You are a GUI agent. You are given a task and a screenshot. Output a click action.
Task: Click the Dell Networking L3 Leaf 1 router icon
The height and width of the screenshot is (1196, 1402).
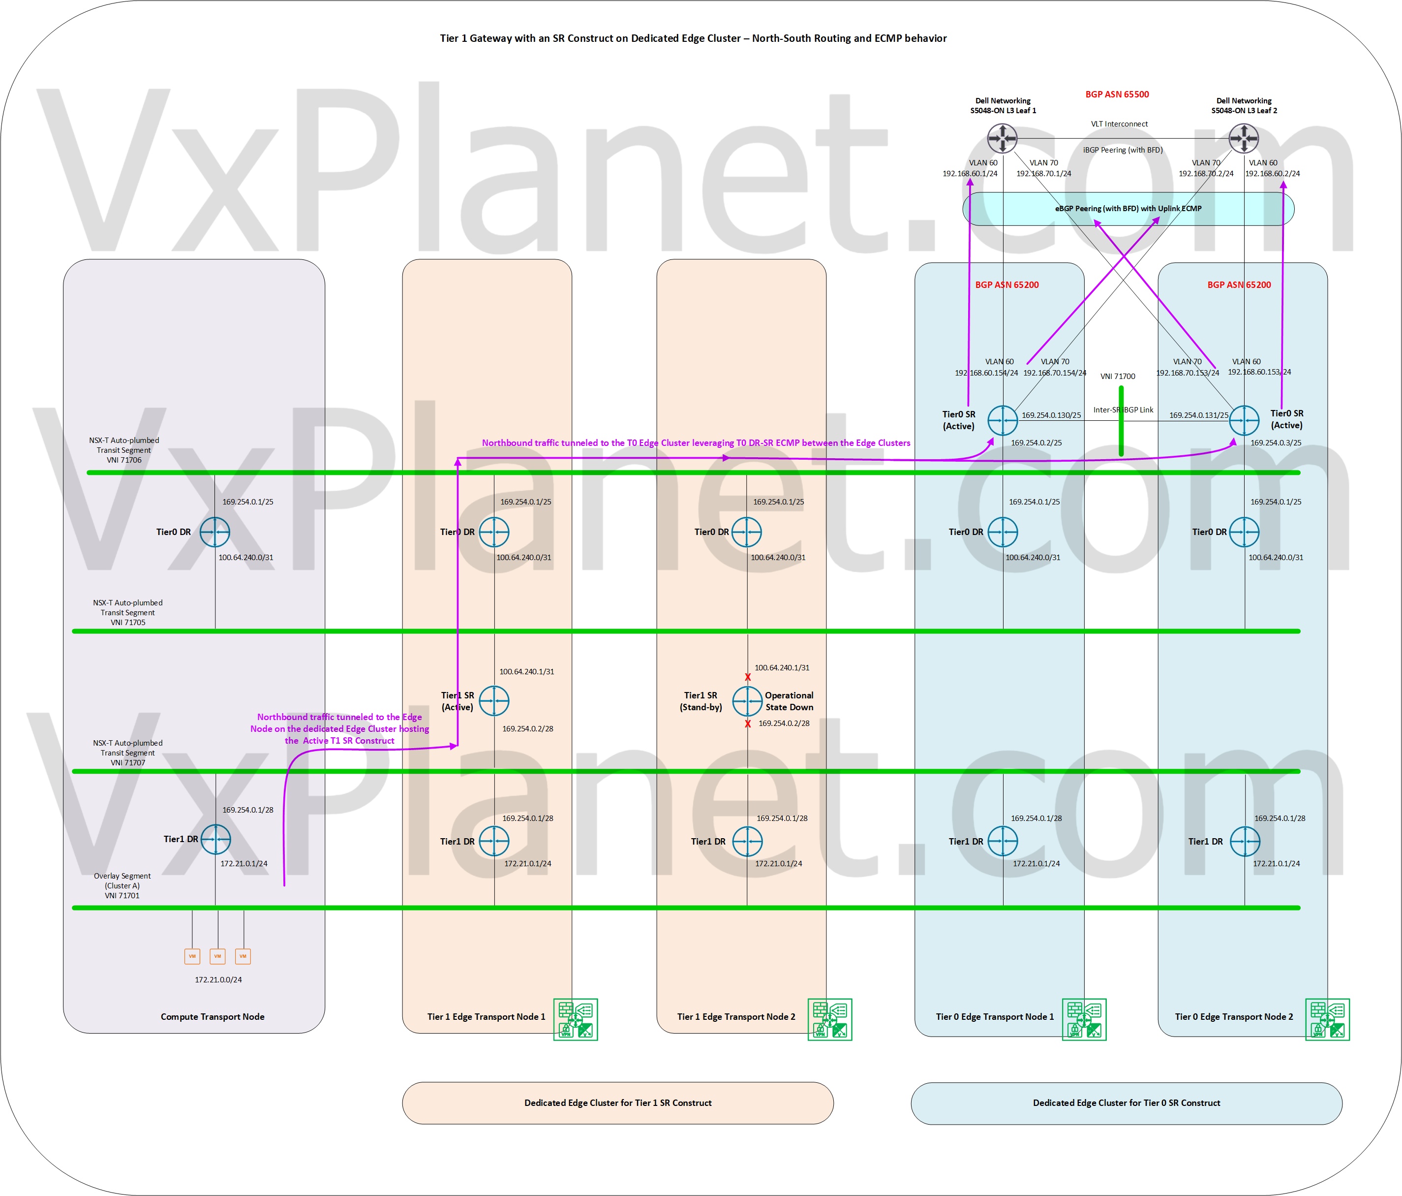click(x=1002, y=139)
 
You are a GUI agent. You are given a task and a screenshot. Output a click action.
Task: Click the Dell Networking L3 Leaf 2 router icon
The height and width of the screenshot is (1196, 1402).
click(x=1244, y=139)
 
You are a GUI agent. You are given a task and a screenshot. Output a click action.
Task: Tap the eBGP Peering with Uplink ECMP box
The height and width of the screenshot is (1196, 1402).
click(x=1128, y=209)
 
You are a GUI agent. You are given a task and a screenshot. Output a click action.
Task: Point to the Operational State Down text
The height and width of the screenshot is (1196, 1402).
click(x=789, y=701)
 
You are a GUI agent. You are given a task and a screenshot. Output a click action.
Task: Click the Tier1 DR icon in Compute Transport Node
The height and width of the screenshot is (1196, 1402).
click(x=215, y=839)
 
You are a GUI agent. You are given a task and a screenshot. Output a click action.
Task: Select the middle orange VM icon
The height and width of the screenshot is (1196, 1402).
click(x=217, y=956)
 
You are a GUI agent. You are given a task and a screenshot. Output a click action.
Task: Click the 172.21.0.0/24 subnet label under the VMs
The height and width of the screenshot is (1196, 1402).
click(x=218, y=979)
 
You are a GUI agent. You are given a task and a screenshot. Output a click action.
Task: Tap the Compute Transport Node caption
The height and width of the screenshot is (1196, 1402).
click(x=213, y=1017)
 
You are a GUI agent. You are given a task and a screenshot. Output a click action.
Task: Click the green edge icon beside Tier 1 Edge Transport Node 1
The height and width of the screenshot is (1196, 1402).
click(x=575, y=1019)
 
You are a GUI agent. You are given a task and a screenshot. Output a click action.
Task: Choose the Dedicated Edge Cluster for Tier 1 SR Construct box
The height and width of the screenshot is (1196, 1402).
click(x=618, y=1102)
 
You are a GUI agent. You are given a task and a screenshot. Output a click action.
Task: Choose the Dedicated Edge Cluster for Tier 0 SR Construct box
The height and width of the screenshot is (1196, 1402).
click(x=1127, y=1102)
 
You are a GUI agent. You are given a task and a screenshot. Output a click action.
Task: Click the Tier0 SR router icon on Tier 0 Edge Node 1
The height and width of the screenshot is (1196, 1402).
click(x=1002, y=420)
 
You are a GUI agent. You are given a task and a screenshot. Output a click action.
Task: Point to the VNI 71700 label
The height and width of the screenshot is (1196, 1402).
click(x=1118, y=377)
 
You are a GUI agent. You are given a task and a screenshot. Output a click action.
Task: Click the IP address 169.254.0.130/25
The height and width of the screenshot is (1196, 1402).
click(x=1051, y=415)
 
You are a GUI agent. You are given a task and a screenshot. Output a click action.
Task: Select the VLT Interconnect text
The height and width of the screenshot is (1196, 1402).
click(x=1119, y=124)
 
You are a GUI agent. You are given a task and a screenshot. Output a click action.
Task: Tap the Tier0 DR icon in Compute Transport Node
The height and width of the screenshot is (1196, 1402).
click(x=215, y=532)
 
